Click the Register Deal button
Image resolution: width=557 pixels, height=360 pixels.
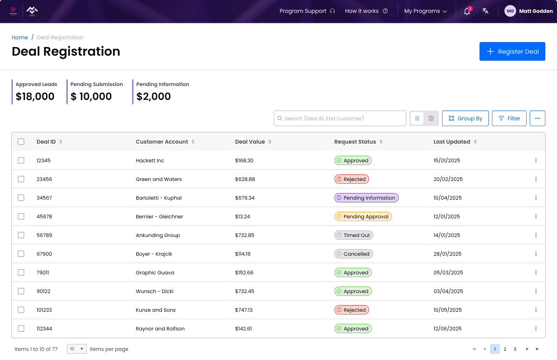pos(512,51)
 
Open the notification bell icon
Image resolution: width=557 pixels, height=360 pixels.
pos(467,11)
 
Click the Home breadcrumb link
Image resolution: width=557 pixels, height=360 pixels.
pos(20,37)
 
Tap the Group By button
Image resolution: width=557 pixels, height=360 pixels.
pos(465,118)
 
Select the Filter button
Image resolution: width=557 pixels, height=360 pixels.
pos(509,118)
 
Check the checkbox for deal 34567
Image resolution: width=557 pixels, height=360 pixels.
pos(21,198)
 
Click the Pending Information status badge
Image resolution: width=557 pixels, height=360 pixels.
pos(366,198)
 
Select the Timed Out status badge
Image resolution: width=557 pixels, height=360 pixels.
pos(354,235)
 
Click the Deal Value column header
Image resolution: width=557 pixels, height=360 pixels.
pos(250,142)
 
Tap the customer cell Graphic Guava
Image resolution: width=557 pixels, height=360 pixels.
pos(155,272)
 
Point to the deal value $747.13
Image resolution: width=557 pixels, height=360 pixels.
pos(244,310)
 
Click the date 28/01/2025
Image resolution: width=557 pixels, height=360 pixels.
pos(447,254)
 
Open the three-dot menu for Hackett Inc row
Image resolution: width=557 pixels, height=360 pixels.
pos(536,160)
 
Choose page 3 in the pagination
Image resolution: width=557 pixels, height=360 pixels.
pos(515,349)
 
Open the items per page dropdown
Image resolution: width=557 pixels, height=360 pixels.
pos(77,349)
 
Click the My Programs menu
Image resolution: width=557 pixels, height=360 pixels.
pos(425,11)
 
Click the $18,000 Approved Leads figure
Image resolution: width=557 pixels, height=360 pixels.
pos(35,97)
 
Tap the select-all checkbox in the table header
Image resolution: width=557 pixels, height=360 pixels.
pos(21,142)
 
